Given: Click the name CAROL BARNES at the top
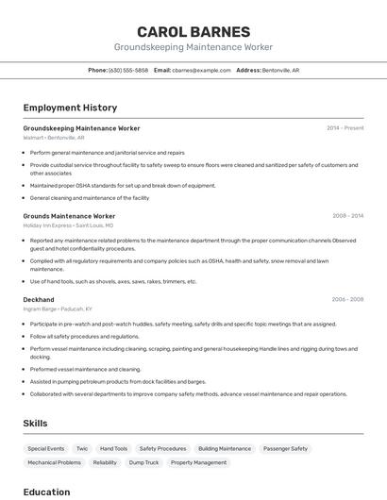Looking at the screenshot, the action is [193, 31].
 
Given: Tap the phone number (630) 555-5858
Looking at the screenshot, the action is [128, 70].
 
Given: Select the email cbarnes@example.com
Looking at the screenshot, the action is [202, 70].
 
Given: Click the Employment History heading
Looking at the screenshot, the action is [70, 108].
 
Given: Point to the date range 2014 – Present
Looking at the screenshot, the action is [345, 127].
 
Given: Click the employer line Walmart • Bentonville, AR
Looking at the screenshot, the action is [54, 138].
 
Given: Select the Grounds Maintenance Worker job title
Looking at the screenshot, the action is [69, 216].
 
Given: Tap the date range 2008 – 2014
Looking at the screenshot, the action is [347, 216].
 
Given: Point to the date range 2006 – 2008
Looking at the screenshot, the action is [347, 299].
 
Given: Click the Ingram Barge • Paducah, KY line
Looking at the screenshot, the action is [58, 309].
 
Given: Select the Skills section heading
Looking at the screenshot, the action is [35, 424].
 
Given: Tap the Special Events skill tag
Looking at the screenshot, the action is [46, 449].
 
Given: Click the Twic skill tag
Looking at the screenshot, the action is [82, 449].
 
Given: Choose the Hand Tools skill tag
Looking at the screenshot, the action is [113, 449].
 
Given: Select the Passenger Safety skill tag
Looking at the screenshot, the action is [285, 449].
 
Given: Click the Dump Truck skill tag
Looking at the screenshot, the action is [143, 463].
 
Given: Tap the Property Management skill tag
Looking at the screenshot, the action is [198, 463].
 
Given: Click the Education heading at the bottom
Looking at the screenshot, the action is [46, 492].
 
